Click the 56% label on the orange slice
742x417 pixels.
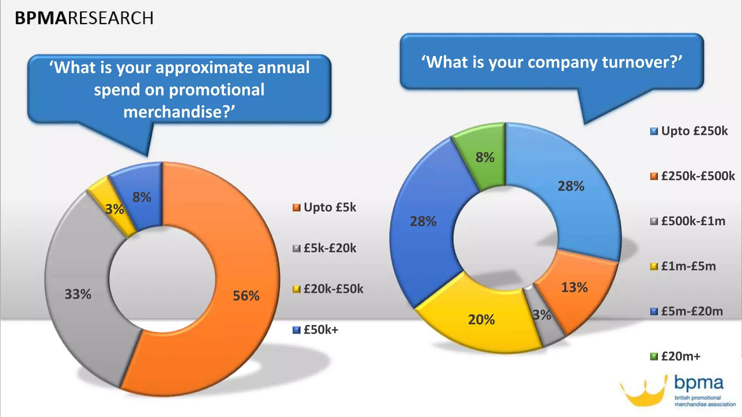(x=246, y=296)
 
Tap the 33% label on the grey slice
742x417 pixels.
(x=78, y=294)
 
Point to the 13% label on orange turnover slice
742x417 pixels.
(x=574, y=287)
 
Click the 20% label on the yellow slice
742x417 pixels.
(x=481, y=320)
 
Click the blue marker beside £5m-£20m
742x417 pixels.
(x=654, y=312)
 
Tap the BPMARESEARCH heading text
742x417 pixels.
(x=84, y=18)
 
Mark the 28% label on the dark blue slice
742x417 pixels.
(x=423, y=221)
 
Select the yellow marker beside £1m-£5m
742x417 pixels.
(x=654, y=267)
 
